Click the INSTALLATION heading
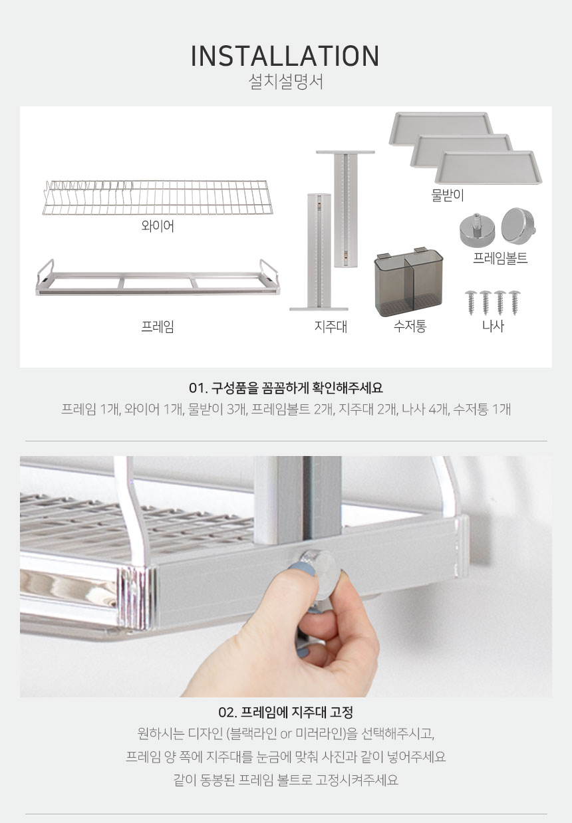click(285, 55)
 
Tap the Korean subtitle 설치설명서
click(285, 82)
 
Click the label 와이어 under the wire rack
click(158, 225)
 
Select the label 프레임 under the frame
click(158, 326)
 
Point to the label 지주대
click(331, 326)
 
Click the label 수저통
click(410, 326)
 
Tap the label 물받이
click(448, 195)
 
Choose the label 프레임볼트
click(500, 258)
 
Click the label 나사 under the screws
click(493, 326)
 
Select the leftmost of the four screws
click(471, 302)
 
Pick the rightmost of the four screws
click(514, 302)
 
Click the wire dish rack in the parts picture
click(158, 197)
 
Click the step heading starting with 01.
click(285, 388)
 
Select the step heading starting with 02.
click(285, 713)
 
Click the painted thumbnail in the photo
click(301, 570)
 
